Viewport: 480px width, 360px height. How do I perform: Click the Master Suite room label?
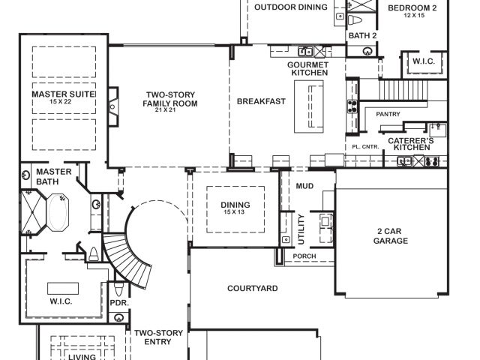[63, 94]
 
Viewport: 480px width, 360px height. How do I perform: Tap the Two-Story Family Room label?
[170, 99]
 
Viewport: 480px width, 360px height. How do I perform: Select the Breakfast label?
[261, 101]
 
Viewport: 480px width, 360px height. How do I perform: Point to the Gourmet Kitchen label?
[307, 68]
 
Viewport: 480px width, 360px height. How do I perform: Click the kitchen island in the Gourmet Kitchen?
[309, 106]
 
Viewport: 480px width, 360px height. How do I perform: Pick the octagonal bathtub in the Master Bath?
[58, 212]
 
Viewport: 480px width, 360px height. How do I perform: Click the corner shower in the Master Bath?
[33, 212]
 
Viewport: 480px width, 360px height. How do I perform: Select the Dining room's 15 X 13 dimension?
[234, 212]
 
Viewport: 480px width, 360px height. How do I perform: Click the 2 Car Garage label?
[391, 236]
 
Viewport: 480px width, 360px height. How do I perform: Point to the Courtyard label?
[253, 288]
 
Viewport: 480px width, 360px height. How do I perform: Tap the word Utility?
[301, 229]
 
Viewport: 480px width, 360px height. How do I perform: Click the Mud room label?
[304, 186]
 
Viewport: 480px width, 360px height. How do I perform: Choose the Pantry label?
[388, 114]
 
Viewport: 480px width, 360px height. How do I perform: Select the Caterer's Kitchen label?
[411, 144]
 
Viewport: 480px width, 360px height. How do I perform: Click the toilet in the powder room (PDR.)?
[118, 289]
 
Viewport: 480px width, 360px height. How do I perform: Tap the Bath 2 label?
[362, 36]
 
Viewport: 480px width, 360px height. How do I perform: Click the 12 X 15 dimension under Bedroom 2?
[414, 15]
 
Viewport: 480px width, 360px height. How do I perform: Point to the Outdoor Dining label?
[291, 7]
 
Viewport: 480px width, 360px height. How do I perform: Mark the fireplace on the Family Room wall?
[113, 106]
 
